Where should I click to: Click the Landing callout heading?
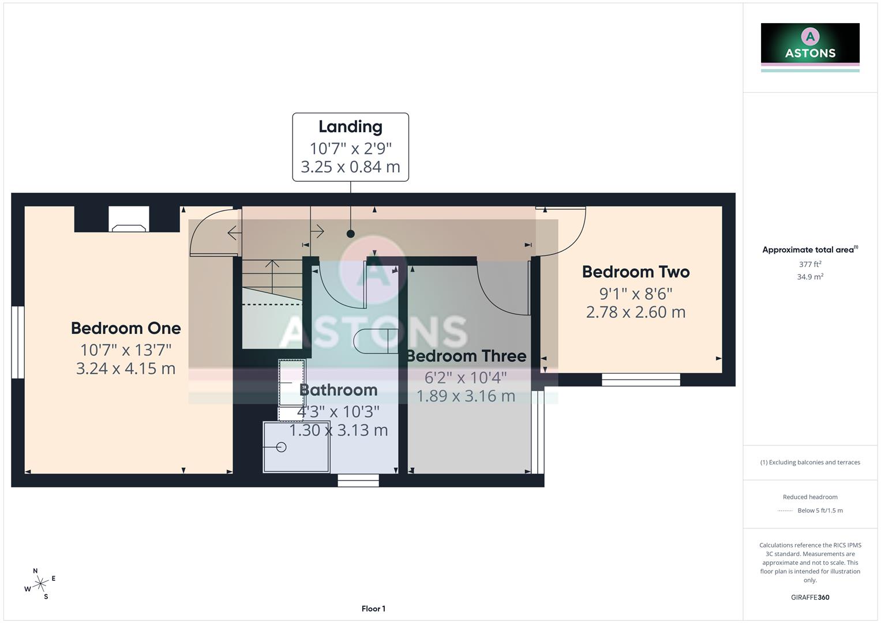coord(350,127)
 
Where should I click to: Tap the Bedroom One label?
coord(126,328)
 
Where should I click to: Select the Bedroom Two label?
coord(636,272)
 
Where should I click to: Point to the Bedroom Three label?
coord(466,356)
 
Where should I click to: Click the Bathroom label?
coord(339,390)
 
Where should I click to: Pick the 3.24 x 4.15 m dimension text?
coord(126,369)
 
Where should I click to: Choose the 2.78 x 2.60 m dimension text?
coord(636,312)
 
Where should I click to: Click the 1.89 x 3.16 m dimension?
coord(466,396)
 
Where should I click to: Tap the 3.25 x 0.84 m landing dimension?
coord(350,167)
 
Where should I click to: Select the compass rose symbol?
coord(40,584)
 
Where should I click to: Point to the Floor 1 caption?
coord(373,609)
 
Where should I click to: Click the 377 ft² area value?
coord(810,264)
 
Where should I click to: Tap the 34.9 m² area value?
coord(810,277)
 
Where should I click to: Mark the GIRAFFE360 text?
coord(810,598)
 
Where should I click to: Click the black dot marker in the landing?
coord(350,234)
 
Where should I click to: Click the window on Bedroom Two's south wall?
coord(641,380)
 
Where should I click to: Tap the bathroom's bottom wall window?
coord(358,480)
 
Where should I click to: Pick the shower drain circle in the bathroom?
coord(282,447)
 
